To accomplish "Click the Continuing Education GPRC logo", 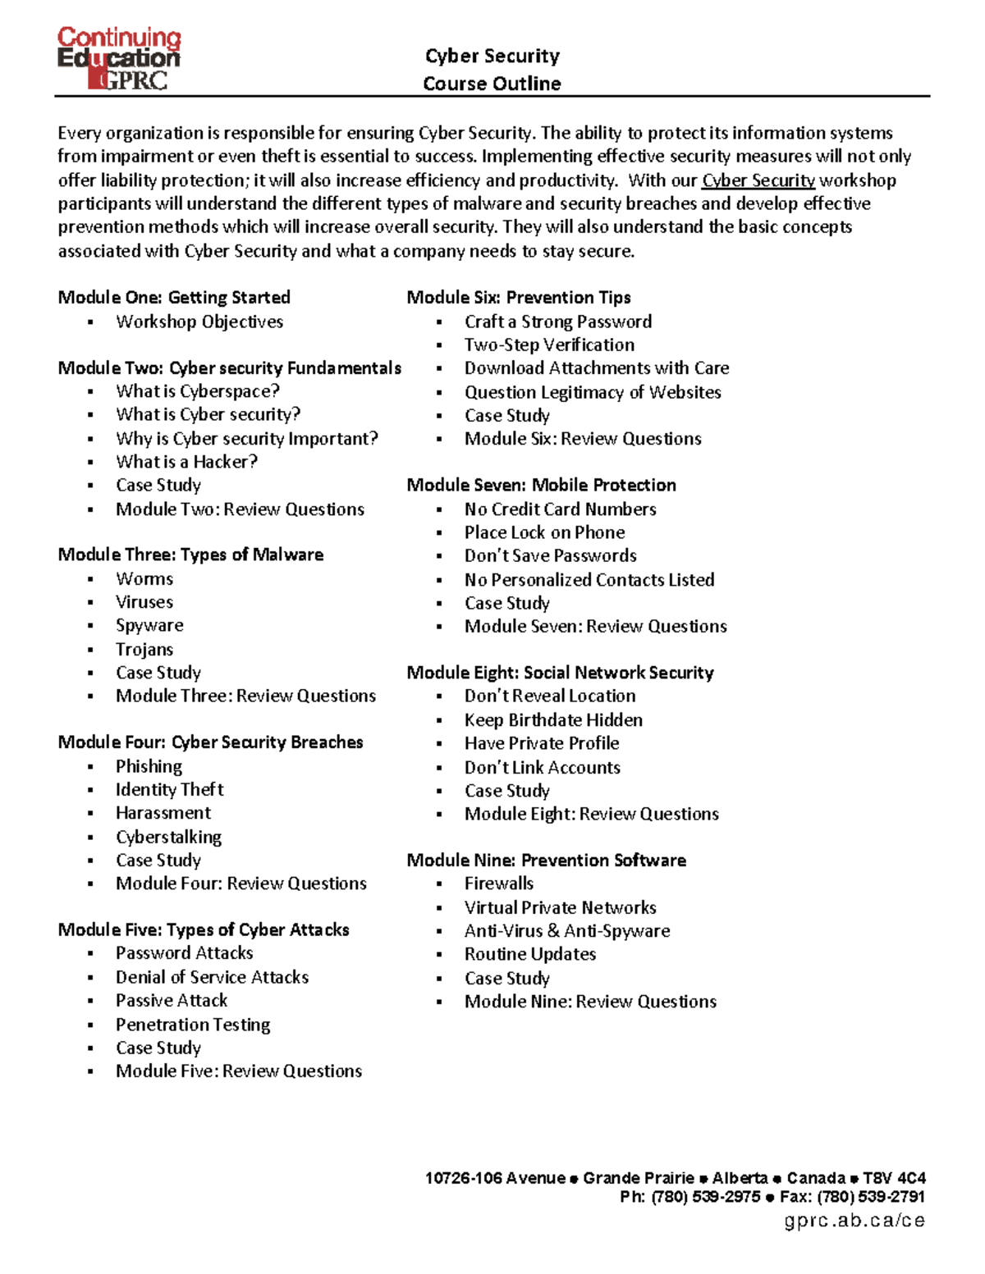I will (118, 58).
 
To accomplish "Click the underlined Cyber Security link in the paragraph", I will (758, 180).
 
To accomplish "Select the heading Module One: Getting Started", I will (174, 298).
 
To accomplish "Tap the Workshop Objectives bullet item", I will (199, 322).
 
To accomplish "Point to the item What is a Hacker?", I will (186, 462).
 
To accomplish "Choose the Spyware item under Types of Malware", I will (149, 625).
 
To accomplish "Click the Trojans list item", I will (144, 649).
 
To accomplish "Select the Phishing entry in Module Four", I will (149, 766).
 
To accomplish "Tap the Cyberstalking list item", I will (168, 837).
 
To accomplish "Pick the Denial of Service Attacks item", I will (212, 977).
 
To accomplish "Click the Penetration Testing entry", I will (193, 1025).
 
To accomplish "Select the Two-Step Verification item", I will (549, 345).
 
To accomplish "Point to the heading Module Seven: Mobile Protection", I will (541, 485).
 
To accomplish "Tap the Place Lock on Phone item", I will (544, 532).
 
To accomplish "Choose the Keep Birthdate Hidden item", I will (553, 720).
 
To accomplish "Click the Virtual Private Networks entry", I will (560, 907).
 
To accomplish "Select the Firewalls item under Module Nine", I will (498, 884).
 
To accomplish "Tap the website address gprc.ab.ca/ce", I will (854, 1221).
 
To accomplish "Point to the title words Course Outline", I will (492, 84).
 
